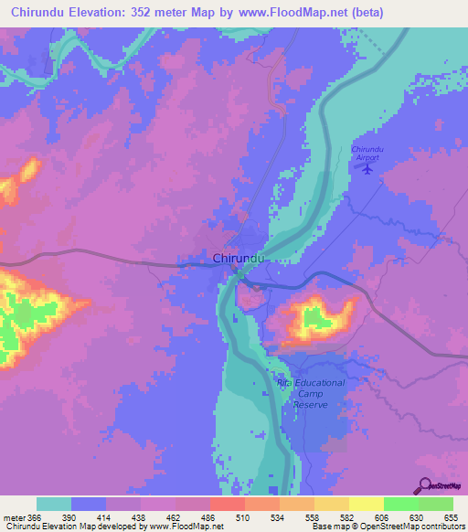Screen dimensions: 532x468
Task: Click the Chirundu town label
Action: point(239,259)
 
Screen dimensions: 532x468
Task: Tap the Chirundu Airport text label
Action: point(368,153)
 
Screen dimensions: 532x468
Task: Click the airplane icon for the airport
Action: point(368,168)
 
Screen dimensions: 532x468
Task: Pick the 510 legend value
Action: point(244,517)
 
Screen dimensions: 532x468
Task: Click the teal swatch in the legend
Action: point(54,504)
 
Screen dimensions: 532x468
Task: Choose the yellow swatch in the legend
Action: point(365,504)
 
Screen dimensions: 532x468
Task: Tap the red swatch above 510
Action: point(227,504)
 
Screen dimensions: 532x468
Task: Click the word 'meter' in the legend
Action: point(12,517)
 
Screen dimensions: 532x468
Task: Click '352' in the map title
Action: point(159,12)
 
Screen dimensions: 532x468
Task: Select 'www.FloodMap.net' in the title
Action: point(298,12)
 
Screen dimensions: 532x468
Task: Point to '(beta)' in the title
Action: point(366,12)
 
